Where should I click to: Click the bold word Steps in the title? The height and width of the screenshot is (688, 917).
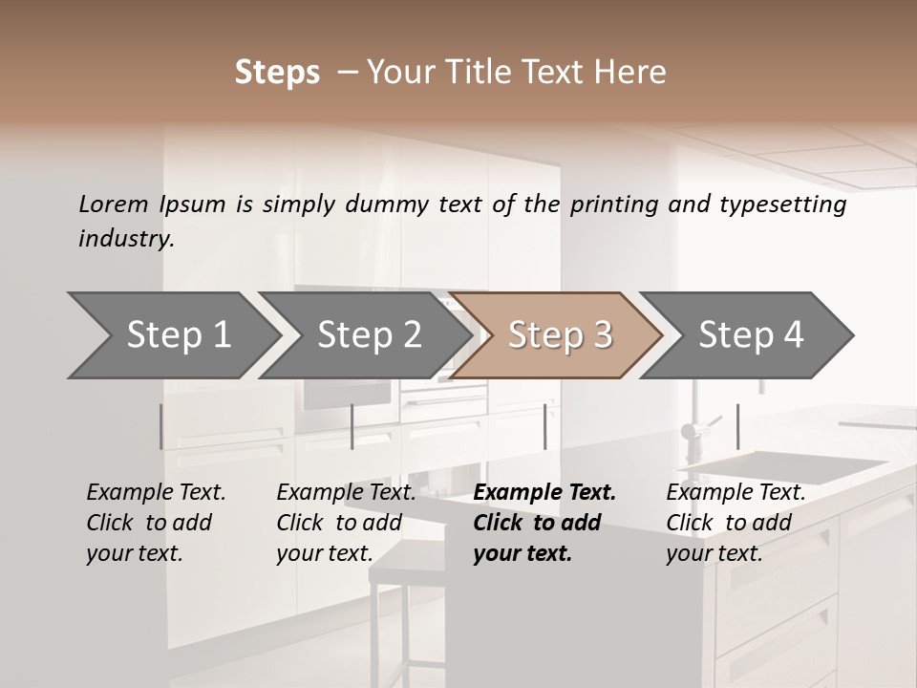277,73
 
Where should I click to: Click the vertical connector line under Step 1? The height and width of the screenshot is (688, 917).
161,426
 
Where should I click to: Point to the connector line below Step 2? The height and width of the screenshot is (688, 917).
352,426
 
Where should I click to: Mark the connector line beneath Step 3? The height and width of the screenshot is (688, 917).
544,426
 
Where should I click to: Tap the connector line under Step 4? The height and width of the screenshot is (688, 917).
737,426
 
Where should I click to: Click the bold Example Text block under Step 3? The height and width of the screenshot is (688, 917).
544,523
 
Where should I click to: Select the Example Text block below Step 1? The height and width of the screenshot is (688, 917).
156,523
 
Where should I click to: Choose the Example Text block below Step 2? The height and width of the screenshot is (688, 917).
346,523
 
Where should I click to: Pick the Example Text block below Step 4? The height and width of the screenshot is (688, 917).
736,523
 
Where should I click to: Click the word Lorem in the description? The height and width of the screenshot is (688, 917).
114,204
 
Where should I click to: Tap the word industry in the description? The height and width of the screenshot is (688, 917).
126,238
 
